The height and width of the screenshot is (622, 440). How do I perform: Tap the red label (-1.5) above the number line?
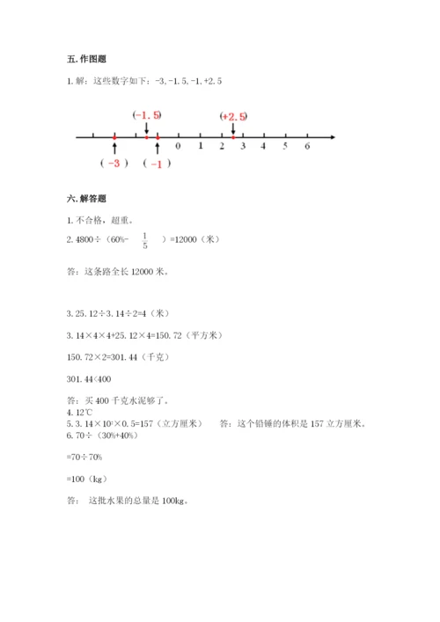147,115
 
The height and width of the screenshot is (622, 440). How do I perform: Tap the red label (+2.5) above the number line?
234,116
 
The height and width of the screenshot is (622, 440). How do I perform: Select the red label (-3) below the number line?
114,164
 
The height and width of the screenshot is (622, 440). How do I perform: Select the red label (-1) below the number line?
157,164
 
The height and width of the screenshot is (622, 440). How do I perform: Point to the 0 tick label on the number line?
179,147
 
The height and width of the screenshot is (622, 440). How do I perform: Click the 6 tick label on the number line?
307,147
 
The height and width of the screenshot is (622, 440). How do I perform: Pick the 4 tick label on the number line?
264,147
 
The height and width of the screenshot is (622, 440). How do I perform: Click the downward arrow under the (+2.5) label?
233,128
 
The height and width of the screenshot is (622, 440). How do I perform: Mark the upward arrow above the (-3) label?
114,149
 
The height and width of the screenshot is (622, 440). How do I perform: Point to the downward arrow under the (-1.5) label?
147,128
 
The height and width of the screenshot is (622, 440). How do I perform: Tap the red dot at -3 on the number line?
114,137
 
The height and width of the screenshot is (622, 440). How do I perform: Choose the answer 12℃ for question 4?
85,412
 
